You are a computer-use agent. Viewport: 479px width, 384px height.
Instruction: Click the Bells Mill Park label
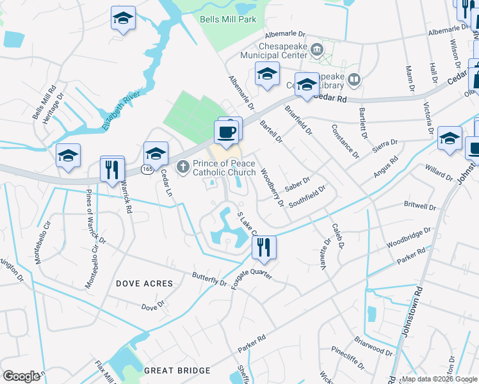[228, 19]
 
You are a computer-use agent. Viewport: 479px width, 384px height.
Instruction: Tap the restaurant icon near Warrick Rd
[112, 170]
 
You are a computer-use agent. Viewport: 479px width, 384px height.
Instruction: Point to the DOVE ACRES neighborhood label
[144, 283]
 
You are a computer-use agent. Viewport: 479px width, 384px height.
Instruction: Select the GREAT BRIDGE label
[177, 371]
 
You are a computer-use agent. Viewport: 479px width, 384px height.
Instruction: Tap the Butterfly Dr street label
[209, 279]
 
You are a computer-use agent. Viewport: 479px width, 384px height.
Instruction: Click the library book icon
[354, 80]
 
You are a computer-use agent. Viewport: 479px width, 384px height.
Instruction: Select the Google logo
[22, 376]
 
